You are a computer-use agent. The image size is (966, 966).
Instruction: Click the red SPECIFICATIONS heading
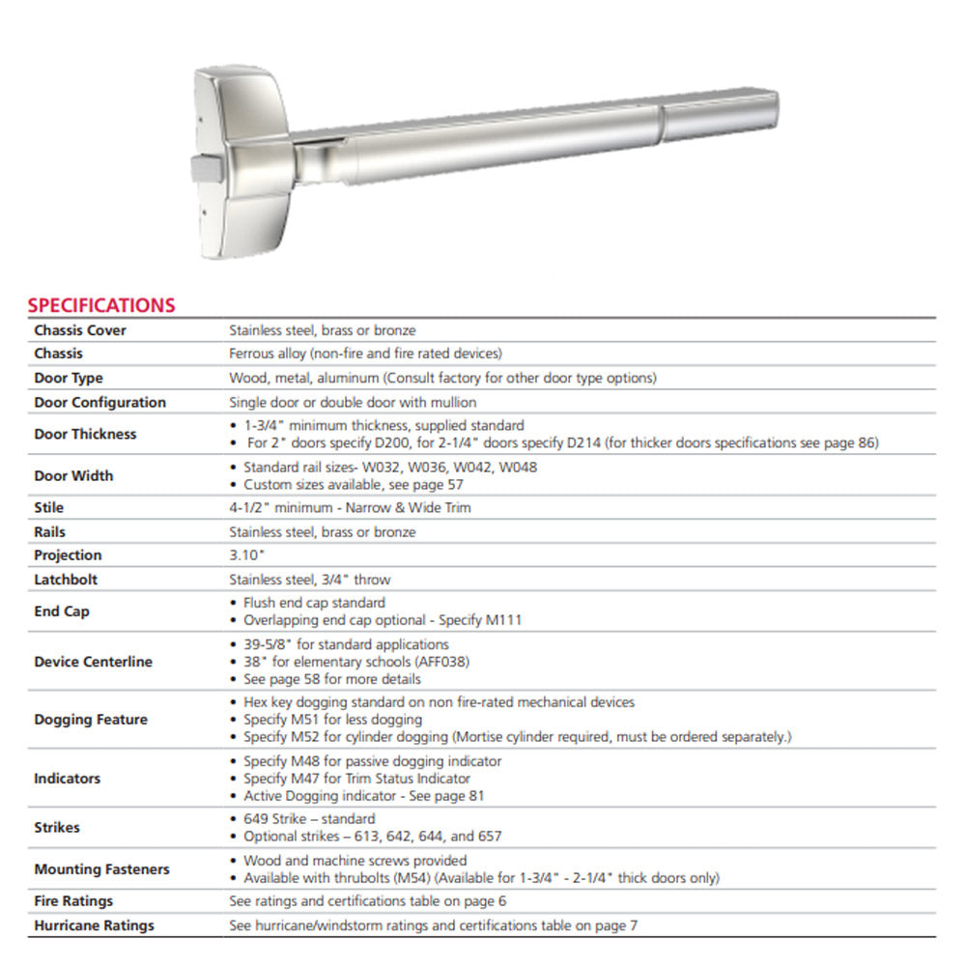(x=101, y=305)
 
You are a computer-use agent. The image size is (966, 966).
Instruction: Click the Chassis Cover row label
(x=80, y=330)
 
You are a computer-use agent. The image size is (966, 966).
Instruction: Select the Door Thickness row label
(x=85, y=434)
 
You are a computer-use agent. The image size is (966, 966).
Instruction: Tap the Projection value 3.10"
(x=246, y=555)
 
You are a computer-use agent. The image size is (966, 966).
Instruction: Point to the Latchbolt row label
(x=66, y=580)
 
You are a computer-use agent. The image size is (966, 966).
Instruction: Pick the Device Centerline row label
(x=93, y=662)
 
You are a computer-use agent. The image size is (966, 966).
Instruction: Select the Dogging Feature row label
(x=91, y=720)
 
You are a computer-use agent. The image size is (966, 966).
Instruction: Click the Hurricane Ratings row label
(x=94, y=925)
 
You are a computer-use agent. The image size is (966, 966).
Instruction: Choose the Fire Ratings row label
(x=73, y=901)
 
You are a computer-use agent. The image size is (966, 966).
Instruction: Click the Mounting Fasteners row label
(x=101, y=869)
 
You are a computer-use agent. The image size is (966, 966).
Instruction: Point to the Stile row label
(x=49, y=507)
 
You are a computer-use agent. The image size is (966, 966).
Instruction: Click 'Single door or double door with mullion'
(x=353, y=402)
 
